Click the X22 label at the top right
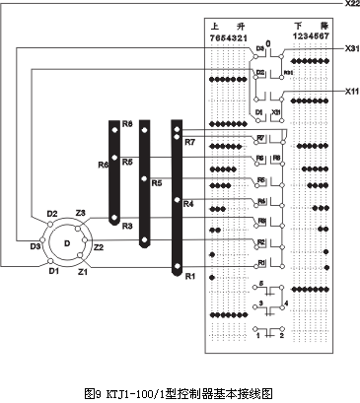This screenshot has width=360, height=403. pos(351,5)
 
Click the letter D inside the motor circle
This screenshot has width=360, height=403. pos(66,241)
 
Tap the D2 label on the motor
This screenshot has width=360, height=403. pos(51,213)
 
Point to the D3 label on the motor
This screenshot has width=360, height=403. pos(36,245)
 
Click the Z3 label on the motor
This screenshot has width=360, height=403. pos(81,213)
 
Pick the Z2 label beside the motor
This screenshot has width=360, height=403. pos(99,246)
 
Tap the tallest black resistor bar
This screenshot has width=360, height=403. pos(177,197)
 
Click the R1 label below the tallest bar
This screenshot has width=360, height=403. pos(189,275)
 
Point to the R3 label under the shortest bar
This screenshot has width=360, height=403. pos(128,226)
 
